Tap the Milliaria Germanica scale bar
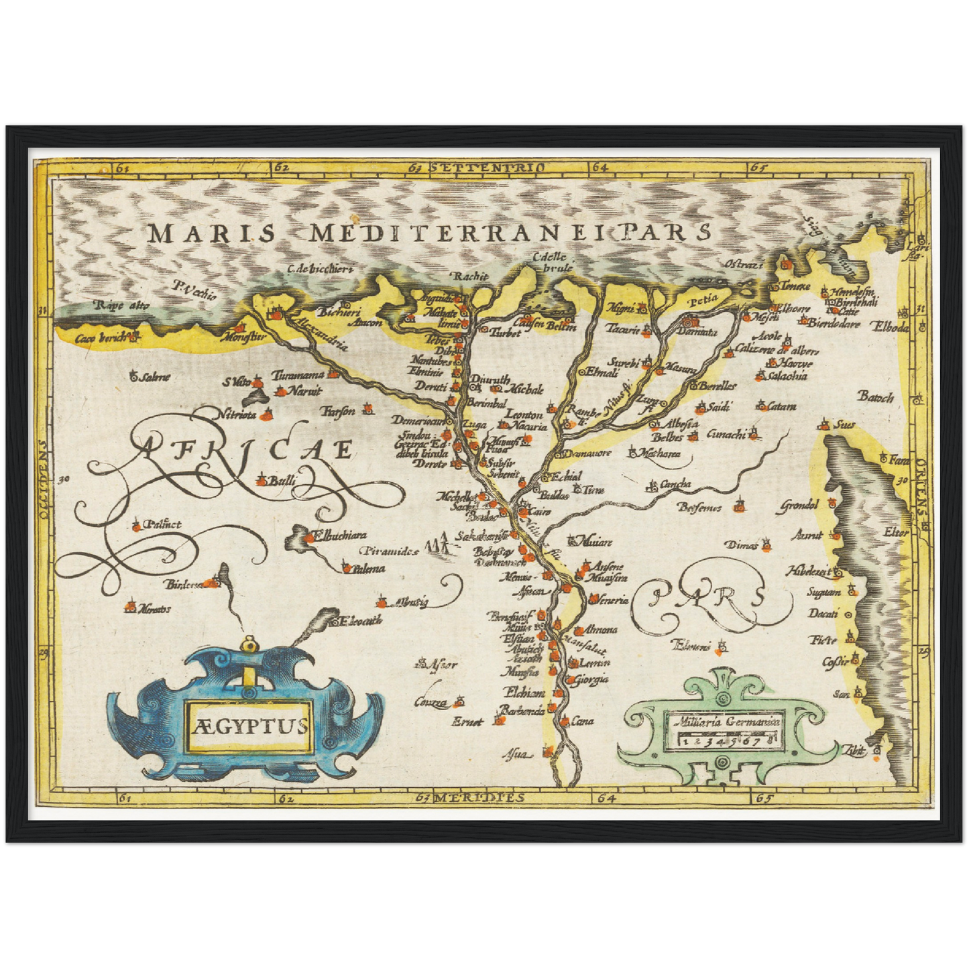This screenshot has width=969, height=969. tap(727, 740)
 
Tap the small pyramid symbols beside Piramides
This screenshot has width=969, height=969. tap(438, 544)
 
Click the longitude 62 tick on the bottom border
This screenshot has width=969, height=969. tap(286, 798)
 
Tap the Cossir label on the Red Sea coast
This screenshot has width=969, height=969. tap(836, 662)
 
